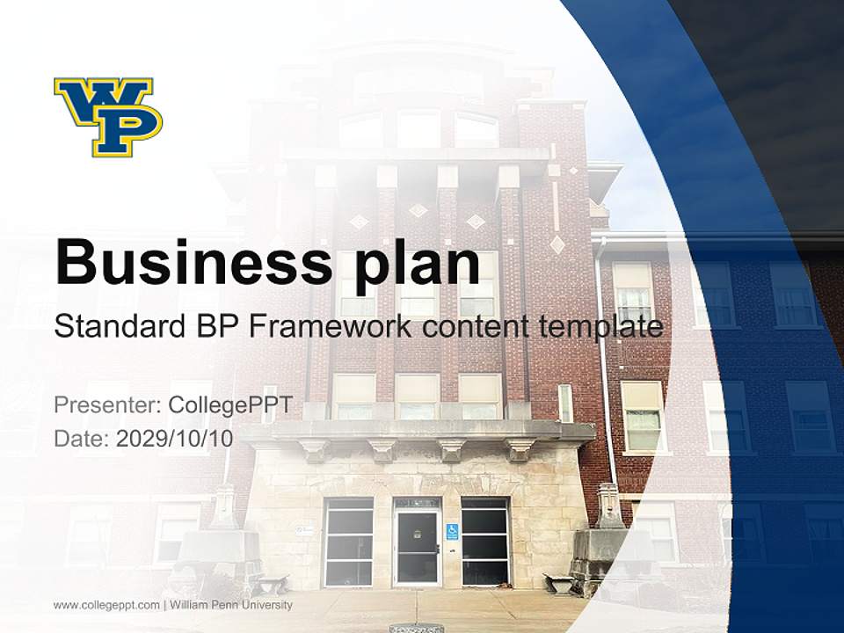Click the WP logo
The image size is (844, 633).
coord(108,117)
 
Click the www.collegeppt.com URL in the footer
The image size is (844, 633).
coord(106,605)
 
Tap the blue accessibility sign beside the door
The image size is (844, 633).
coord(452,531)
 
